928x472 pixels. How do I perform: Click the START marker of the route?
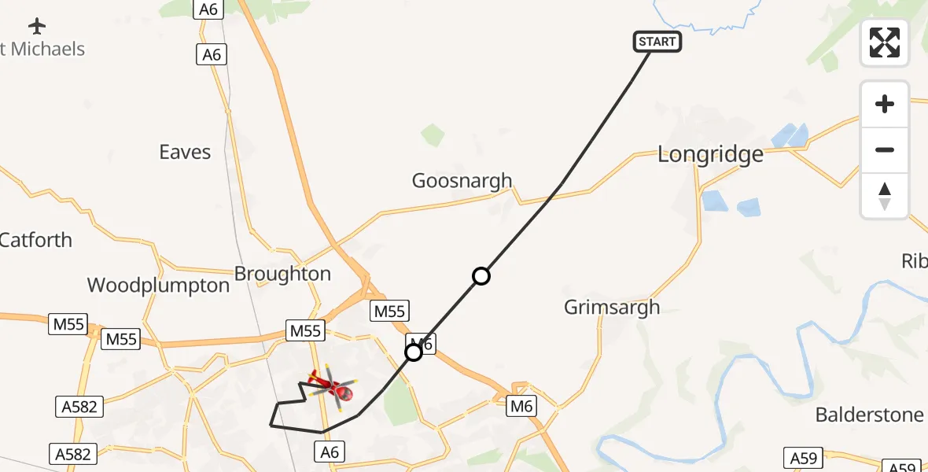pyautogui.click(x=657, y=42)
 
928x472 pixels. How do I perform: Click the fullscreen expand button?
pyautogui.click(x=885, y=42)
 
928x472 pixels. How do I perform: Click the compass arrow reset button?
pyautogui.click(x=885, y=196)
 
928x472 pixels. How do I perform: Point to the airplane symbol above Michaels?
pyautogui.click(x=37, y=26)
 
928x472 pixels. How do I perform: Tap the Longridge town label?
pyautogui.click(x=710, y=154)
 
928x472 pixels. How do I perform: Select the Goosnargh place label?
pyautogui.click(x=462, y=181)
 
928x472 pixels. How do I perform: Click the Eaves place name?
pyautogui.click(x=185, y=152)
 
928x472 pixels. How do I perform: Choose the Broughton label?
pyautogui.click(x=282, y=274)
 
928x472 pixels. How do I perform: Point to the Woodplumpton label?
pyautogui.click(x=158, y=285)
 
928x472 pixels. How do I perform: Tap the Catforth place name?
pyautogui.click(x=36, y=240)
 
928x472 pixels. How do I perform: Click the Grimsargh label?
pyautogui.click(x=612, y=307)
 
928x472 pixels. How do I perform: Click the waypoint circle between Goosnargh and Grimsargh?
pyautogui.click(x=481, y=276)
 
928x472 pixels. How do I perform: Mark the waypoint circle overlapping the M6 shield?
pyautogui.click(x=414, y=353)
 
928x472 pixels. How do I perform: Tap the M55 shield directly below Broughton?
pyautogui.click(x=305, y=331)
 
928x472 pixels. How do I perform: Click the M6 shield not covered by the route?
pyautogui.click(x=521, y=406)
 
